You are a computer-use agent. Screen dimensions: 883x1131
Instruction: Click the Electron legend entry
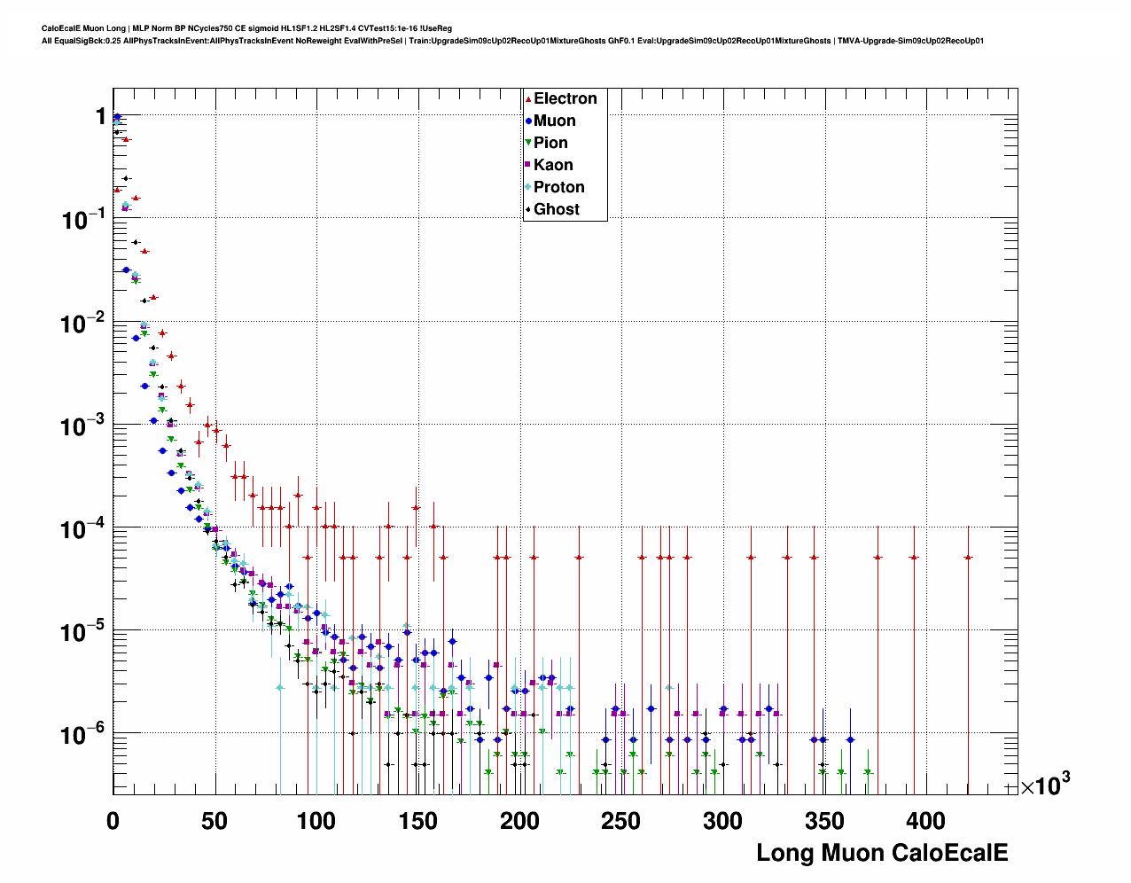[x=565, y=98]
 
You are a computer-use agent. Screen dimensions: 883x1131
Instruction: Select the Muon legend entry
[x=554, y=121]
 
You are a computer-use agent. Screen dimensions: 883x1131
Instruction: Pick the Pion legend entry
[x=550, y=143]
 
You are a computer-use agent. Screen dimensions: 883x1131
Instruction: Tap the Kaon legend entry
[x=553, y=165]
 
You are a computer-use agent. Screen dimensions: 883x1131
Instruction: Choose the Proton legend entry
[x=558, y=187]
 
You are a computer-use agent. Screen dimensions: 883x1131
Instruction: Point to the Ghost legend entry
[x=556, y=209]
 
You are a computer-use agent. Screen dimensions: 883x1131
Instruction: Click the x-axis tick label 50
[x=214, y=821]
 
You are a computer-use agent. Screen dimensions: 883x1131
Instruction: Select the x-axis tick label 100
[x=316, y=821]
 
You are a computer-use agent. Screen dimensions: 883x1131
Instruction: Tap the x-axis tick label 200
[x=519, y=821]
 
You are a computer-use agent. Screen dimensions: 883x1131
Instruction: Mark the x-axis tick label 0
[x=113, y=821]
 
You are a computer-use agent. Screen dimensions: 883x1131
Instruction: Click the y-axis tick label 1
[x=100, y=116]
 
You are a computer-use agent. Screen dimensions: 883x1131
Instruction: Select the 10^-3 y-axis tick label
[x=85, y=426]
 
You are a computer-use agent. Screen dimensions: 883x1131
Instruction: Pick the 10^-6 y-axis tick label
[x=85, y=734]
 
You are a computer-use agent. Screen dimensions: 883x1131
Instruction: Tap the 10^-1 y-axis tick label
[x=85, y=219]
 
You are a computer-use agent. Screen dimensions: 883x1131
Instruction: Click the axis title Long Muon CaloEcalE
[x=882, y=853]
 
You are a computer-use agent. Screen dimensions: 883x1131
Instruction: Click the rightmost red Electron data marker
[x=968, y=558]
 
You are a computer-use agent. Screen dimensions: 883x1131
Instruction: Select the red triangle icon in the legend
[x=528, y=98]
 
